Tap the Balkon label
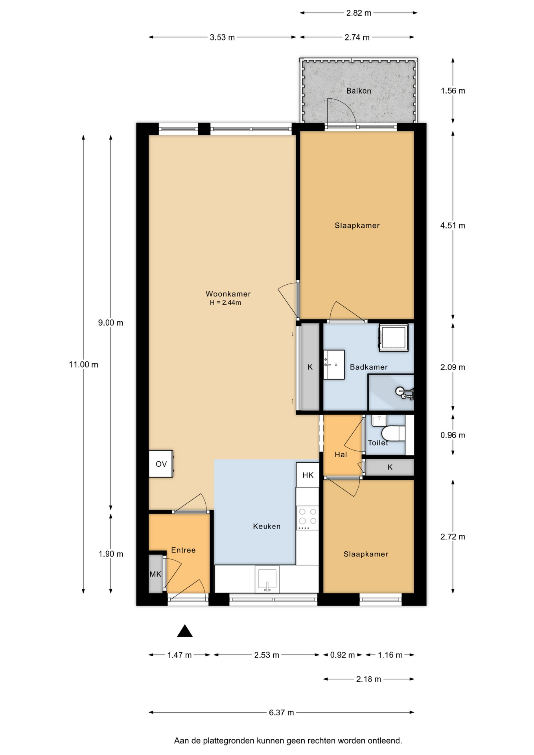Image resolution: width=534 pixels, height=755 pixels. tap(359, 91)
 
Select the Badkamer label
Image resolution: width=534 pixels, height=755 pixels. tap(369, 367)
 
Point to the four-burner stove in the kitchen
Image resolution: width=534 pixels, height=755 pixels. tap(308, 517)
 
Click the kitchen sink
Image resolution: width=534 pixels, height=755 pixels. tap(267, 579)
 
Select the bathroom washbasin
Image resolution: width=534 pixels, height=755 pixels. tap(333, 365)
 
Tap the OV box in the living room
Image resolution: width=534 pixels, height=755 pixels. tap(161, 464)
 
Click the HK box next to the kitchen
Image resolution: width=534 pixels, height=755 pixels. tap(308, 475)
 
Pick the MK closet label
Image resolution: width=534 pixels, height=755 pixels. tap(155, 574)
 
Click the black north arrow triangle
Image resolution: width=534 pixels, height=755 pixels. tap(185, 631)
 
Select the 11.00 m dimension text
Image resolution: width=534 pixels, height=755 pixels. tap(83, 365)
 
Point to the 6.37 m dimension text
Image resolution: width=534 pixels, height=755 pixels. tap(282, 712)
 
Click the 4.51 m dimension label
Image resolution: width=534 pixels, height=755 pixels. tap(453, 225)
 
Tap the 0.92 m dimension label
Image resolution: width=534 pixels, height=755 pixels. tap(342, 655)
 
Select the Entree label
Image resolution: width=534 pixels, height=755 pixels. tap(183, 550)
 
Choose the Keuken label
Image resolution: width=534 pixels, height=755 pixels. tap(267, 526)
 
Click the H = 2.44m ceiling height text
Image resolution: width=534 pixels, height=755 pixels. tap(225, 302)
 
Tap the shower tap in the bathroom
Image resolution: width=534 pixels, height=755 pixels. tap(405, 393)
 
